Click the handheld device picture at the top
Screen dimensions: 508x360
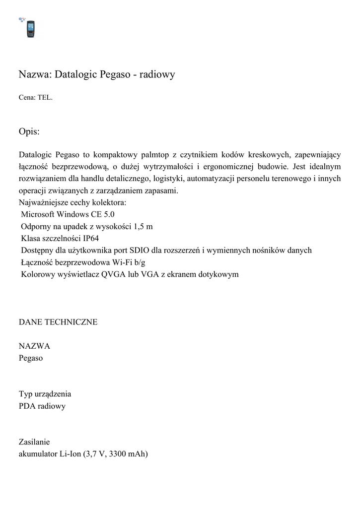30,29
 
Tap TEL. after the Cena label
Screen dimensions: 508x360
45,98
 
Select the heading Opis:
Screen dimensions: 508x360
29,131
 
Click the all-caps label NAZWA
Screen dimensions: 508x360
34,346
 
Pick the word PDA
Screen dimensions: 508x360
27,406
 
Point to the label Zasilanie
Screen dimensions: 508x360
34,442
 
